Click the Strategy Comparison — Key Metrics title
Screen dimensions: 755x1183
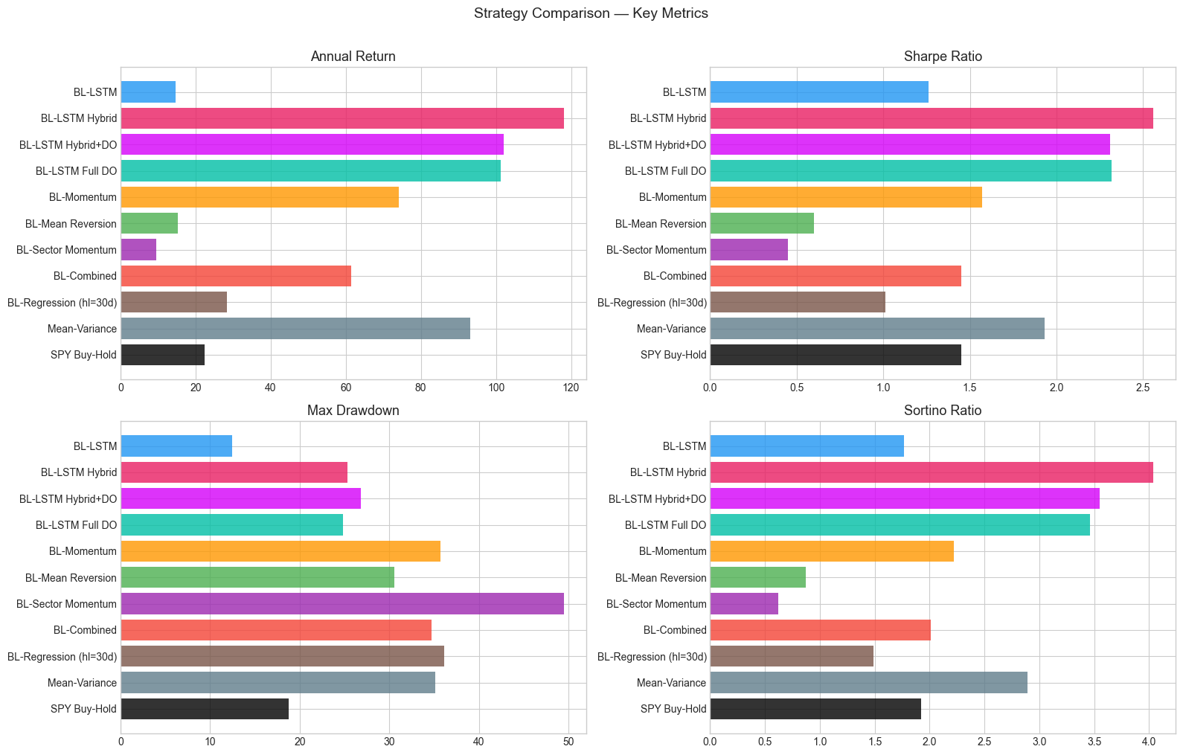[591, 13]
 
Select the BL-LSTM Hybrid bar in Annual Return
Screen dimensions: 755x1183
[342, 118]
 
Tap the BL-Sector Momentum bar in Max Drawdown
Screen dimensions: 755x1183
[342, 604]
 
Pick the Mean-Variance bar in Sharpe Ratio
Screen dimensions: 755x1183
[877, 329]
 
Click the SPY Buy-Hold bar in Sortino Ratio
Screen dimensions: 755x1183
[815, 709]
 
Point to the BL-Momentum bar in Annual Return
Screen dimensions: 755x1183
[260, 197]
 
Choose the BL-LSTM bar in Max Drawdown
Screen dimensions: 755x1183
[176, 446]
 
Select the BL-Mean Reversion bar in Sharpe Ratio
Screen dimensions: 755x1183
[762, 224]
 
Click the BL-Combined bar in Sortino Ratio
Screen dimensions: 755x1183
[820, 630]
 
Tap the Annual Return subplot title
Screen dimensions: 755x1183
[353, 57]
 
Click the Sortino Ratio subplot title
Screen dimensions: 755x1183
[943, 411]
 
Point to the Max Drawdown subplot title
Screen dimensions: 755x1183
[353, 411]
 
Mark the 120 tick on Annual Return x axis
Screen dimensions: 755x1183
[571, 388]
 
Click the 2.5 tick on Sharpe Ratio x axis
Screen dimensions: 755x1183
[1144, 388]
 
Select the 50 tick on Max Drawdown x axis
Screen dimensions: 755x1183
[568, 742]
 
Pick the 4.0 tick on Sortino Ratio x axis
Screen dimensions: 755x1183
[1149, 742]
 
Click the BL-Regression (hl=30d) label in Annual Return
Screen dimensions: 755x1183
[62, 303]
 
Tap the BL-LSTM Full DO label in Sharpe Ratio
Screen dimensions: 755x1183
[665, 171]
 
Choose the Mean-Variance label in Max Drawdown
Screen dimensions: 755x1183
[82, 683]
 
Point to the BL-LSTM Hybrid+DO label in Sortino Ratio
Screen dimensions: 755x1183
[657, 499]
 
